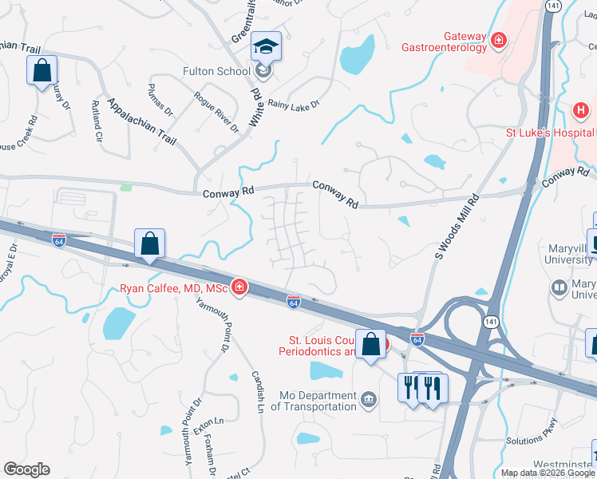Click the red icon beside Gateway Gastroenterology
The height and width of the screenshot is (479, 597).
pos(500,38)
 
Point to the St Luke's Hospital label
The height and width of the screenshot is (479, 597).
pos(551,133)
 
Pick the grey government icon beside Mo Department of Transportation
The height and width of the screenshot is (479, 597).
pos(368,398)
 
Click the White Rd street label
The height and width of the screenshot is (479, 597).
pos(257,105)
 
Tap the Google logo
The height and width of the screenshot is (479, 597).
pos(26,469)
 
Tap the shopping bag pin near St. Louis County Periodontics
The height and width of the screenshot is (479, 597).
pos(371,345)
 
